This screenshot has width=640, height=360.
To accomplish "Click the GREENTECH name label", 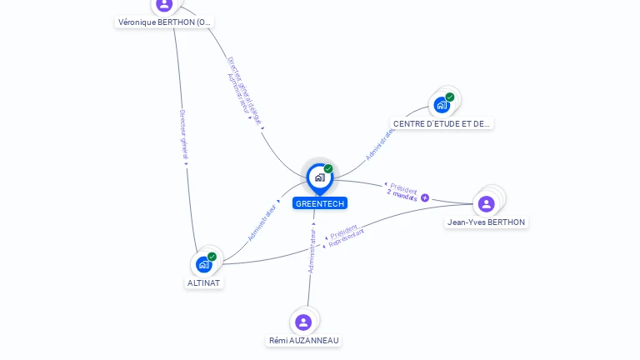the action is tap(319, 203).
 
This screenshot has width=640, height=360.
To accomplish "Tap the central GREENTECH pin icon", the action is tap(319, 177).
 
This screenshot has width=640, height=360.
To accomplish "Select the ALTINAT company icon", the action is tap(204, 264).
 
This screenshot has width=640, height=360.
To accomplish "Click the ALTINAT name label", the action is tap(204, 282).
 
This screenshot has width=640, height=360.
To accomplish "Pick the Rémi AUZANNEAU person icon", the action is tap(303, 322).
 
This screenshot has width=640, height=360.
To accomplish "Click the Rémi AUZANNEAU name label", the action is tap(305, 340).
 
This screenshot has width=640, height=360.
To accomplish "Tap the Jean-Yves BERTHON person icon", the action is tap(487, 203).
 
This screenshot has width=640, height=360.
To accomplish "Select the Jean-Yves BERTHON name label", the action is tap(487, 222).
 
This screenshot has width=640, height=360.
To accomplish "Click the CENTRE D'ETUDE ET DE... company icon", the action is tap(442, 105).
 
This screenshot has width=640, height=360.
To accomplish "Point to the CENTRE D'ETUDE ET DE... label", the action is tap(442, 123).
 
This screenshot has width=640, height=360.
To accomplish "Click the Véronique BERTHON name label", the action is tap(164, 22).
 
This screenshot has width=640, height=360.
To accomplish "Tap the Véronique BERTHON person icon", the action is tap(164, 4).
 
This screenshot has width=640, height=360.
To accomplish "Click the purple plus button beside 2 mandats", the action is tap(425, 197).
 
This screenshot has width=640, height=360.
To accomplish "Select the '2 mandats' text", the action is tap(402, 193).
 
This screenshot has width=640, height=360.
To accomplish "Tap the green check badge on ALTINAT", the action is tap(212, 257).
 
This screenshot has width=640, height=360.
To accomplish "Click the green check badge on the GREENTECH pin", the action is tap(328, 168).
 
